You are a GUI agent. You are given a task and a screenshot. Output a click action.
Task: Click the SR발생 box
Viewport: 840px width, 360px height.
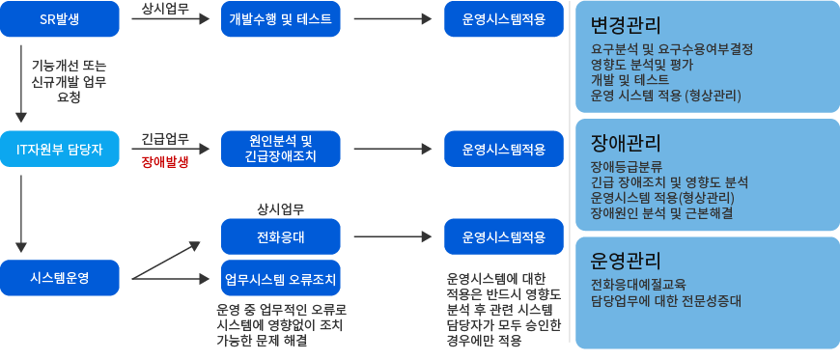pyautogui.click(x=60, y=19)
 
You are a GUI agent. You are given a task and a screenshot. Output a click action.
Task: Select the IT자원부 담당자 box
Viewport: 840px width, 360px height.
pyautogui.click(x=60, y=149)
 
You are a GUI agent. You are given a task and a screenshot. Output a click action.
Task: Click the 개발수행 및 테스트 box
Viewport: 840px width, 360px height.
pyautogui.click(x=281, y=19)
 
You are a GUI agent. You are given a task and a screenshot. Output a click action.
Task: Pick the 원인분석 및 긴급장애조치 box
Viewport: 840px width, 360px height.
pyautogui.click(x=281, y=149)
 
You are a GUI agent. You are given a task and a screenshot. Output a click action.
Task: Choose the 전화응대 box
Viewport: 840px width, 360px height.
pyautogui.click(x=281, y=236)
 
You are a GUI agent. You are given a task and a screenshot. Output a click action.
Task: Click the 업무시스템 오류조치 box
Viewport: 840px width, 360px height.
pyautogui.click(x=281, y=280)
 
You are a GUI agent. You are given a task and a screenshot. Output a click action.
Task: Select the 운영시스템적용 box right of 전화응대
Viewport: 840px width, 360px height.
pyautogui.click(x=503, y=236)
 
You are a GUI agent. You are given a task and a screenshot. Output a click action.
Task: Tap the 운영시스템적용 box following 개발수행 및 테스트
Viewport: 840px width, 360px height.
pyautogui.click(x=503, y=19)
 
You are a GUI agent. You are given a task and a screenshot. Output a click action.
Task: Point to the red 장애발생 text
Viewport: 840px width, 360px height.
pyautogui.click(x=164, y=162)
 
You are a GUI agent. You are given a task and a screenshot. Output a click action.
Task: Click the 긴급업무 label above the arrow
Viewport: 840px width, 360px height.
pyautogui.click(x=164, y=139)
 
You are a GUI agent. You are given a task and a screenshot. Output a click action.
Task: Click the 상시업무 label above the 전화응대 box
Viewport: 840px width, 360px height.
pyautogui.click(x=281, y=208)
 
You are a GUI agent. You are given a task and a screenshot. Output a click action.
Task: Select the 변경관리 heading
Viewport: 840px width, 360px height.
pyautogui.click(x=626, y=24)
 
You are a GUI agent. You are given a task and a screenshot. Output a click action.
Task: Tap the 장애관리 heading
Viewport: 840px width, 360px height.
pyautogui.click(x=626, y=144)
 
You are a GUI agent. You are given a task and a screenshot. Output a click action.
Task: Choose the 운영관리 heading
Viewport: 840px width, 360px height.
pyautogui.click(x=626, y=261)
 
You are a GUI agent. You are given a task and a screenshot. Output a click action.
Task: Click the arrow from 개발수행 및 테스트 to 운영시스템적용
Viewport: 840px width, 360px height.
pyautogui.click(x=392, y=19)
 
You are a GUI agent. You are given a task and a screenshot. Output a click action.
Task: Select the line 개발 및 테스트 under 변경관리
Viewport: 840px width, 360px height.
pyautogui.click(x=630, y=79)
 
